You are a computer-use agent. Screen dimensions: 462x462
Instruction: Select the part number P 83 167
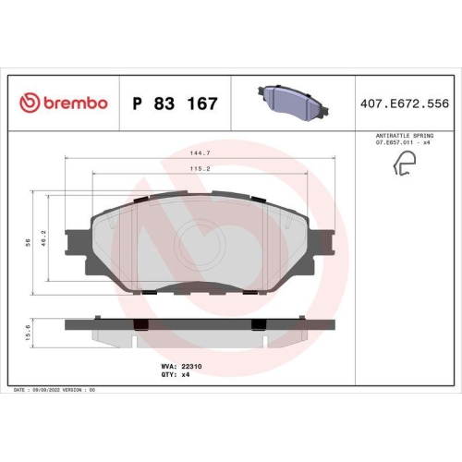176,103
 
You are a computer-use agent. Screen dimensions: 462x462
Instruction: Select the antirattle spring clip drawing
404,164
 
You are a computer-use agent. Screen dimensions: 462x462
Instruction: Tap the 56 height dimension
27,241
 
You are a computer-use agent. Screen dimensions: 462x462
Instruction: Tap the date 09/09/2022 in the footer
52,391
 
